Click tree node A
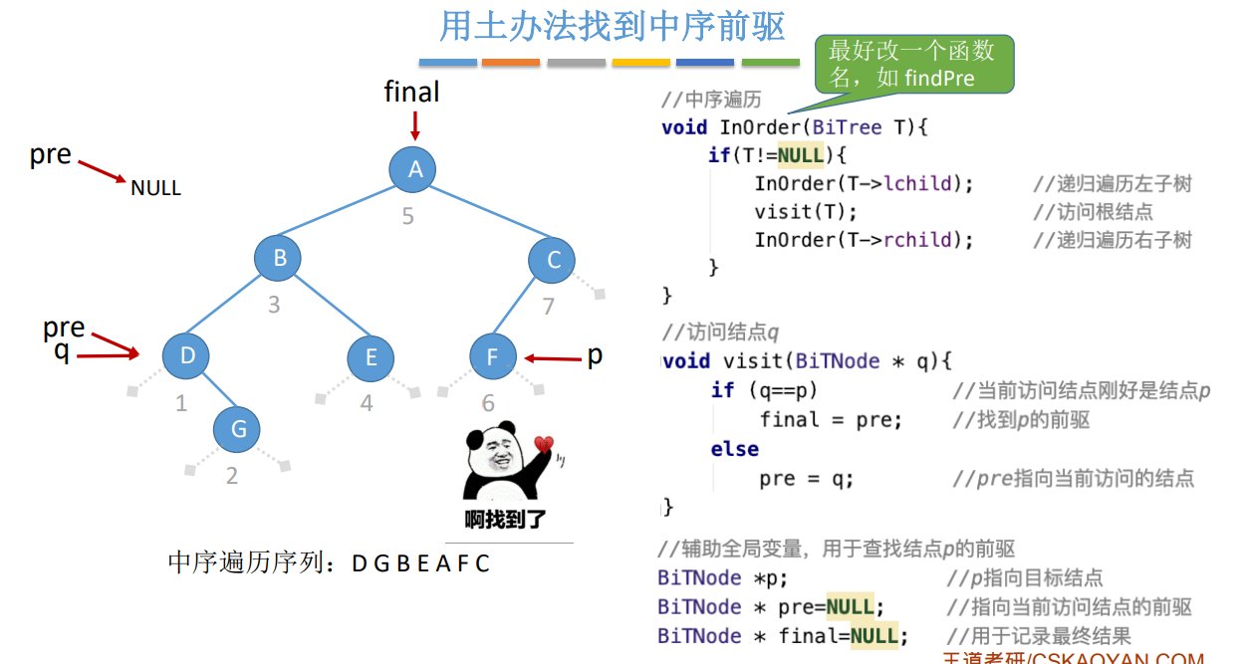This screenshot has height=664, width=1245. pyautogui.click(x=415, y=169)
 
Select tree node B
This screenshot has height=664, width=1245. pyautogui.click(x=280, y=259)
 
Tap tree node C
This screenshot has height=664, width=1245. pyautogui.click(x=554, y=261)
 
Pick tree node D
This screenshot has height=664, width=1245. pyautogui.click(x=187, y=355)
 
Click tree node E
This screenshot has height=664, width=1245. pyautogui.click(x=372, y=357)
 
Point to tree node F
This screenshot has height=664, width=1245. pyautogui.click(x=492, y=357)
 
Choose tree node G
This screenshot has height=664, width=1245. pyautogui.click(x=238, y=429)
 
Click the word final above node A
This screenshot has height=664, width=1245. pyautogui.click(x=411, y=93)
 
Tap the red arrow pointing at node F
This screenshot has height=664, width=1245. pyautogui.click(x=553, y=358)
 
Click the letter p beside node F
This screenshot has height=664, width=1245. pyautogui.click(x=595, y=355)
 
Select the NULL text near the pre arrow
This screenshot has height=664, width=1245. pyautogui.click(x=155, y=188)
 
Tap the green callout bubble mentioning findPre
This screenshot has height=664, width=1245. pyautogui.click(x=913, y=65)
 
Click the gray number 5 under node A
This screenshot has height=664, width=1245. pyautogui.click(x=407, y=216)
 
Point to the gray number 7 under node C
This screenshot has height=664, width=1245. pyautogui.click(x=548, y=307)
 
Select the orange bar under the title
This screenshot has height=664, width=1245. pyautogui.click(x=511, y=63)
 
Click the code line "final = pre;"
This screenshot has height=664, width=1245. pyautogui.click(x=831, y=420)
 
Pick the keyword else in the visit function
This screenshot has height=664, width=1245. pyautogui.click(x=734, y=449)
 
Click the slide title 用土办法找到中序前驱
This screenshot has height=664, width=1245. pyautogui.click(x=612, y=27)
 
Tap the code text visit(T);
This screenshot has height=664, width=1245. pyautogui.click(x=805, y=212)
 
